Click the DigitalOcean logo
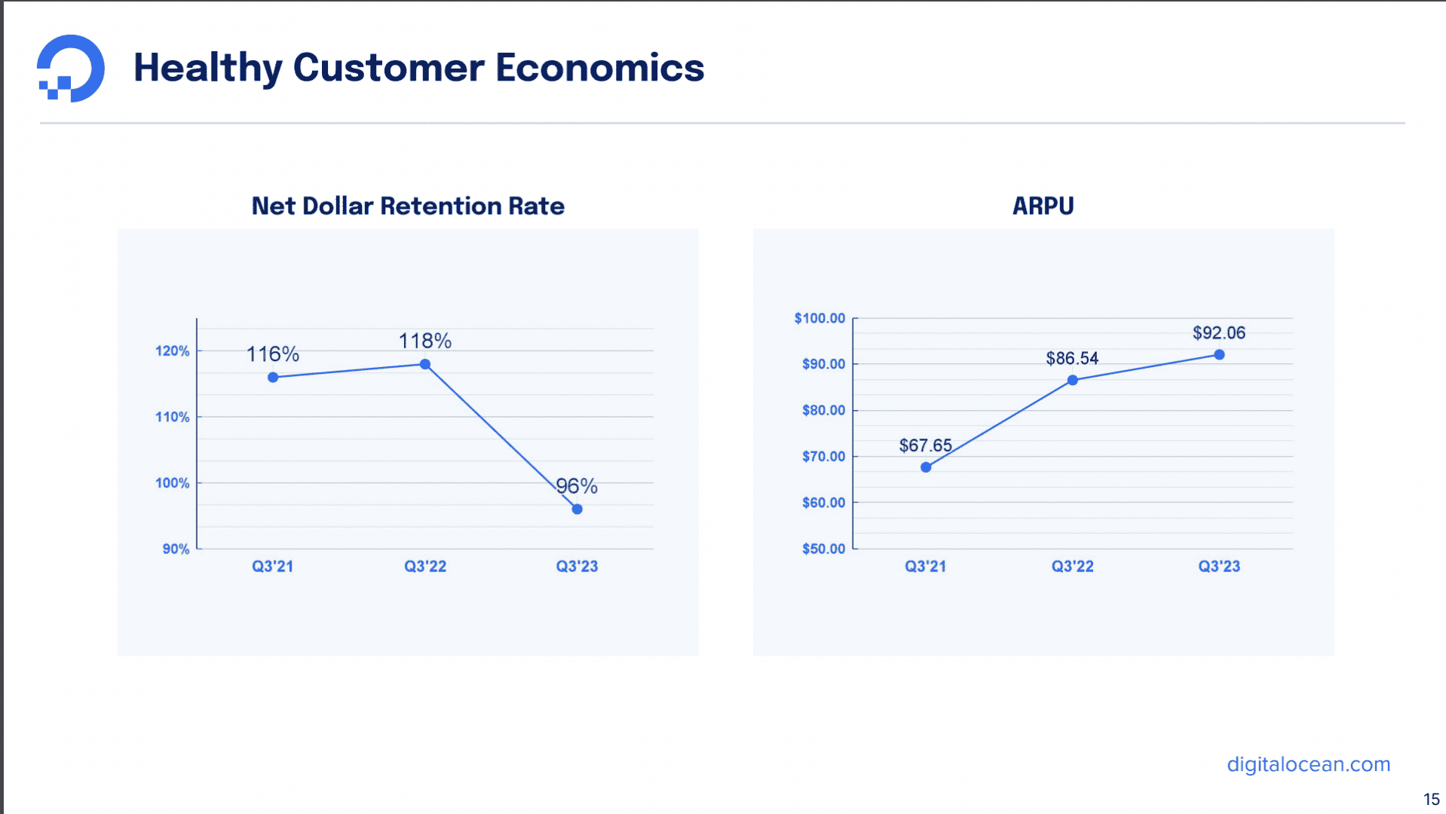click(71, 68)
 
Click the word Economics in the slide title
click(599, 68)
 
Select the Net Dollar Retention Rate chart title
click(408, 206)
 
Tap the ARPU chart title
click(1043, 206)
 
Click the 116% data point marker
click(273, 377)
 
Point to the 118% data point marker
click(425, 364)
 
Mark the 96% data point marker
click(577, 509)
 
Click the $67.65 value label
click(925, 445)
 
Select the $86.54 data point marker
click(1072, 380)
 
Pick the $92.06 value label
click(1218, 332)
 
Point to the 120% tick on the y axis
click(173, 351)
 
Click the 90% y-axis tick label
click(176, 549)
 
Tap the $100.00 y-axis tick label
click(820, 318)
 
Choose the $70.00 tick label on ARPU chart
click(823, 456)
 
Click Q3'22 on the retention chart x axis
click(425, 566)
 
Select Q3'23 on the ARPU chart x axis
click(1219, 566)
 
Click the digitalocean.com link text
click(1308, 764)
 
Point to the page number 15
click(1431, 799)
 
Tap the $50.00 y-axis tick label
click(823, 549)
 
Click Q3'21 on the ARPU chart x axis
click(925, 566)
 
